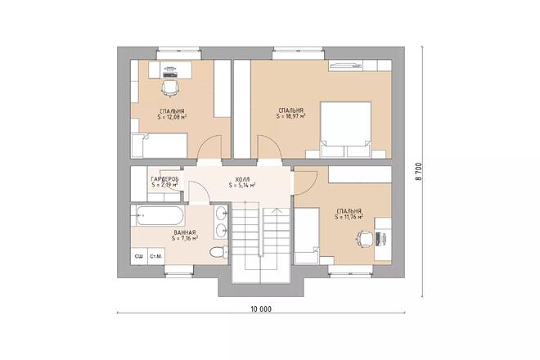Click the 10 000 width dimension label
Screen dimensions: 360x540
pos(260,309)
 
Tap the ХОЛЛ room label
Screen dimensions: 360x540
pos(242,178)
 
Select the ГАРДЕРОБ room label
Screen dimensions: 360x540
pos(164,178)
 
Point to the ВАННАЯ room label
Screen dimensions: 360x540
pos(184,233)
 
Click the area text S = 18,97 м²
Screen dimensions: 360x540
pos(291,116)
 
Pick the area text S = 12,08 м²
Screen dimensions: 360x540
pos(172,117)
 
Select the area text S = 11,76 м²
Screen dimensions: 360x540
pos(349,218)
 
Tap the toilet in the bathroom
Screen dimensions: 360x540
pos(218,251)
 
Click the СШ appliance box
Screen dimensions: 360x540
pos(139,257)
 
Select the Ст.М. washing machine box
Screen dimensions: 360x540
pos(155,257)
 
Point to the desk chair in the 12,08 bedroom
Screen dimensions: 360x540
pos(170,85)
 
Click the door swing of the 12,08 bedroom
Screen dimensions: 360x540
pos(210,146)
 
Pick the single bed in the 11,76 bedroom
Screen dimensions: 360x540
pos(307,235)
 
